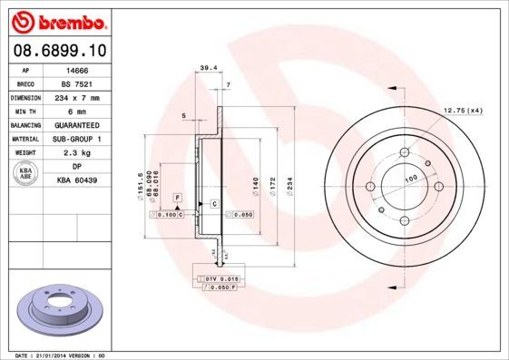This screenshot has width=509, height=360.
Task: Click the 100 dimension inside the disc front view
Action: click(410, 180)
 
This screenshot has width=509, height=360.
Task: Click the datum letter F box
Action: click(178, 197)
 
